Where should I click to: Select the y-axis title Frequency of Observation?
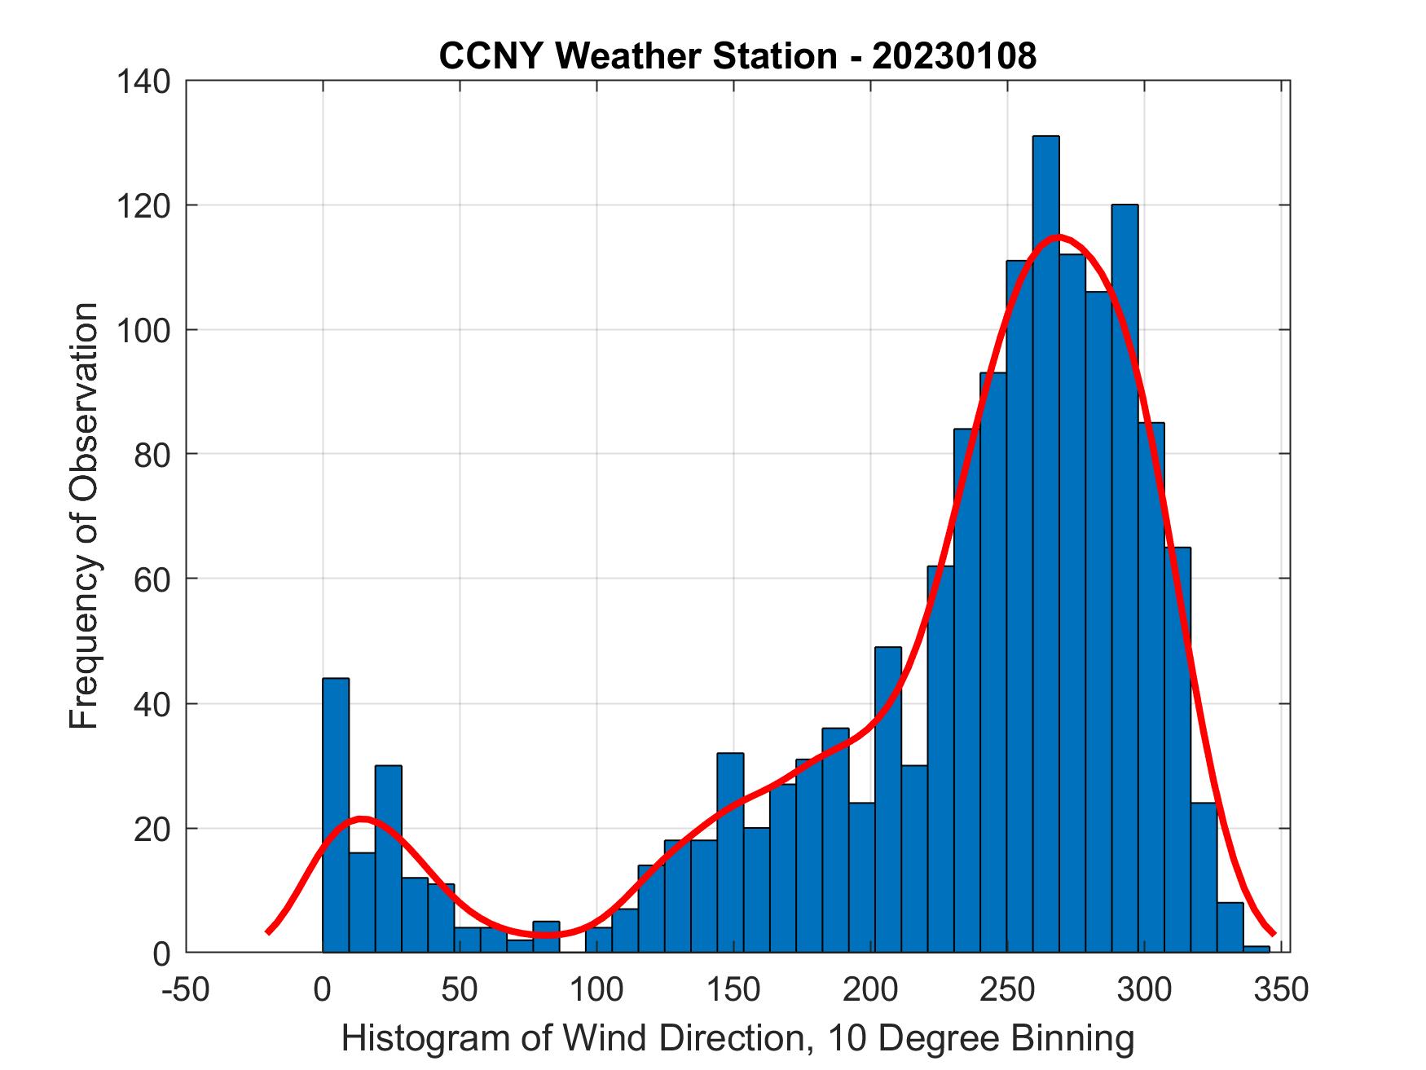point(84,515)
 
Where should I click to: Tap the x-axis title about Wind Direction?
point(737,1038)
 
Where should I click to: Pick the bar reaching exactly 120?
point(1125,570)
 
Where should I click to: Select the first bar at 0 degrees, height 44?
point(336,815)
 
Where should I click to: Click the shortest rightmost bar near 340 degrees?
point(1257,949)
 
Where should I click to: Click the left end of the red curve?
point(269,931)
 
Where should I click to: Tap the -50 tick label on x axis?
point(187,989)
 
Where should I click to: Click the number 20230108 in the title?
point(954,56)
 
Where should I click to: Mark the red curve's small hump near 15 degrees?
point(363,818)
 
